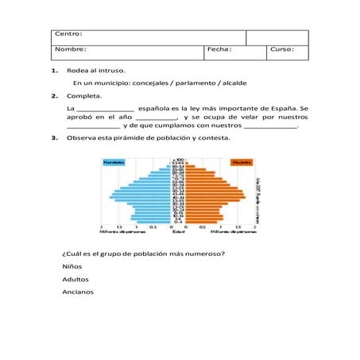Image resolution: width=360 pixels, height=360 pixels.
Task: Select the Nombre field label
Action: [70, 49]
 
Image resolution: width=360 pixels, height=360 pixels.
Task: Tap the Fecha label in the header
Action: [219, 49]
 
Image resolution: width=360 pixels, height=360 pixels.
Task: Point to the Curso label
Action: [282, 49]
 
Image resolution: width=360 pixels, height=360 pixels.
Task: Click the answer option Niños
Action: [72, 266]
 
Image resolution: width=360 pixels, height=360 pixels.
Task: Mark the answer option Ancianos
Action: [78, 292]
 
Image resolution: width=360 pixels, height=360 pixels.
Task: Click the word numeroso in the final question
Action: [199, 254]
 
